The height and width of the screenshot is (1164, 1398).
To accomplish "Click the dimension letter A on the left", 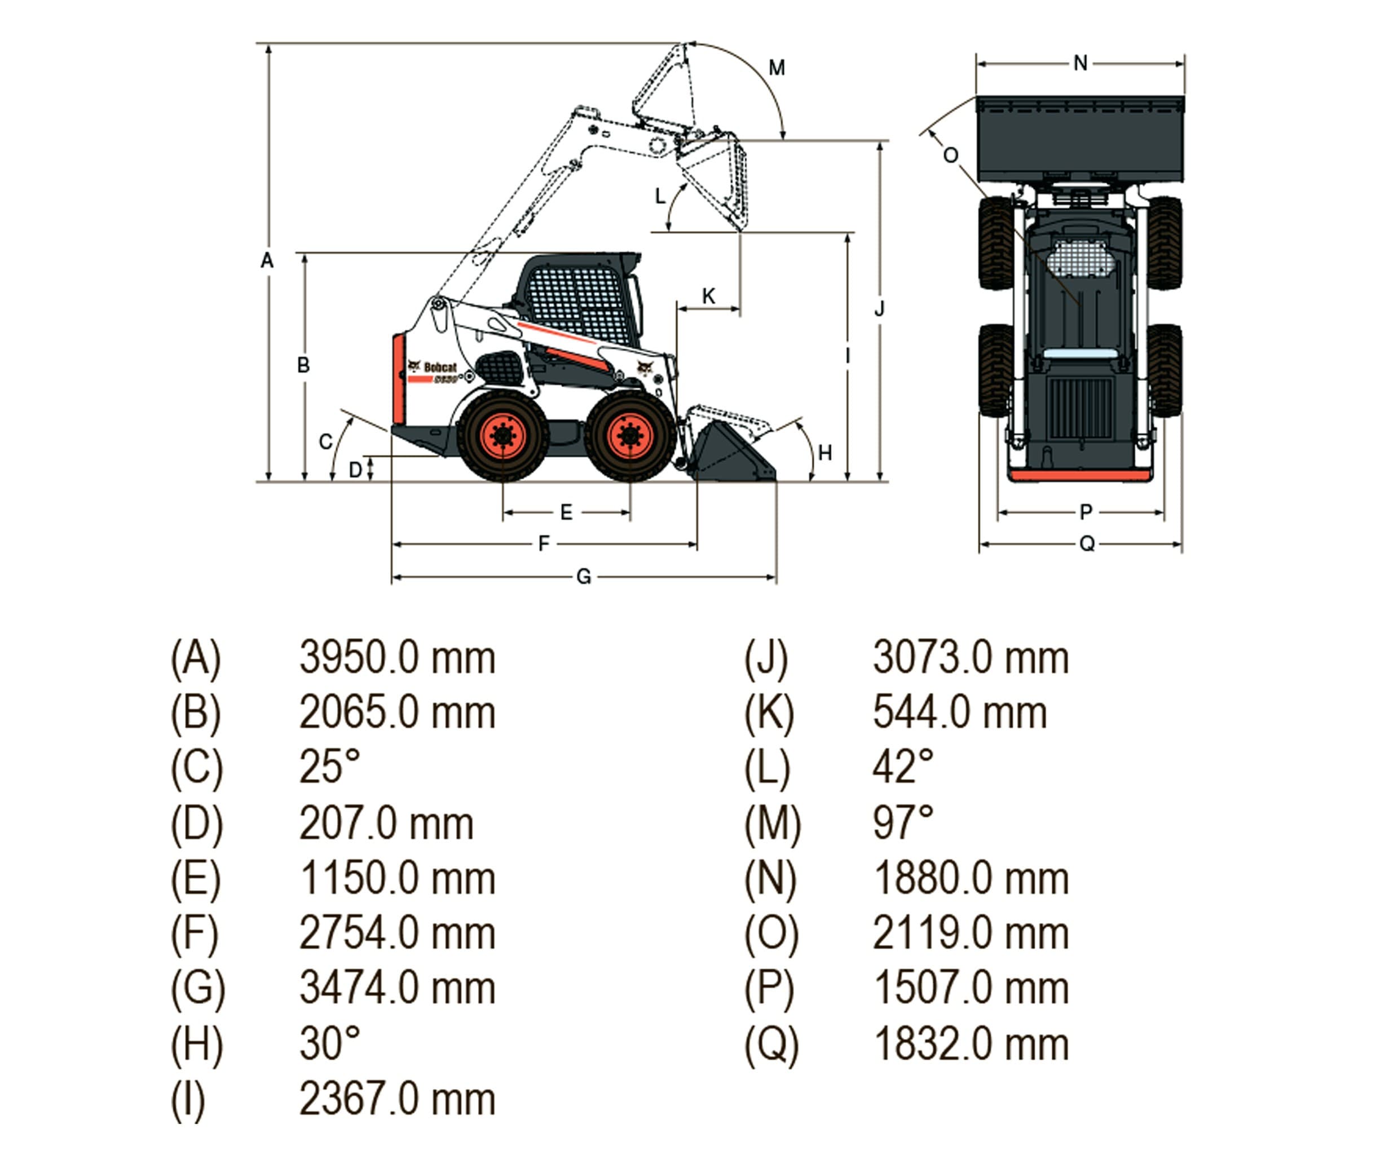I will pyautogui.click(x=267, y=260).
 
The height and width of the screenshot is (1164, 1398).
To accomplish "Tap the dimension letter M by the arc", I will pyautogui.click(x=776, y=68).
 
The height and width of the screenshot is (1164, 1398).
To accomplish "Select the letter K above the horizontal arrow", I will pyautogui.click(x=708, y=296).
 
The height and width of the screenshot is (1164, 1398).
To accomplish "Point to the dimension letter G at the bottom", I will pyautogui.click(x=583, y=576).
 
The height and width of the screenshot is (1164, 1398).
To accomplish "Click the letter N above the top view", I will pyautogui.click(x=1081, y=64).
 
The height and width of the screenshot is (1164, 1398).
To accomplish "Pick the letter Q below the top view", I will pyautogui.click(x=1087, y=544).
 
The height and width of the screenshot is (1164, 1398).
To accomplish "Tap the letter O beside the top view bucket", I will pyautogui.click(x=951, y=155).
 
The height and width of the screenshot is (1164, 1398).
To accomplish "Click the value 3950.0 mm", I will pyautogui.click(x=397, y=658).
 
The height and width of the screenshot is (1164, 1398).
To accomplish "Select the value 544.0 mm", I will pyautogui.click(x=959, y=713).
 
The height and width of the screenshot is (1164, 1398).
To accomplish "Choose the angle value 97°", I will pyautogui.click(x=903, y=822).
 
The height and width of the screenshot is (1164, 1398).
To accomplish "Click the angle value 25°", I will pyautogui.click(x=329, y=767).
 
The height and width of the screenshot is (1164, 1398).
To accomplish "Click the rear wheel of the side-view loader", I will pyautogui.click(x=502, y=436).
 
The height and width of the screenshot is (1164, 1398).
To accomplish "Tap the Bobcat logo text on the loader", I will pyautogui.click(x=440, y=368).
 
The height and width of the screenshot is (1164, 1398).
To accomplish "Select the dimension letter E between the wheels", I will pyautogui.click(x=566, y=512).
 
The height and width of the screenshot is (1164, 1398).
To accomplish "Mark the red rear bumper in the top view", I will pyautogui.click(x=1079, y=476).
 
